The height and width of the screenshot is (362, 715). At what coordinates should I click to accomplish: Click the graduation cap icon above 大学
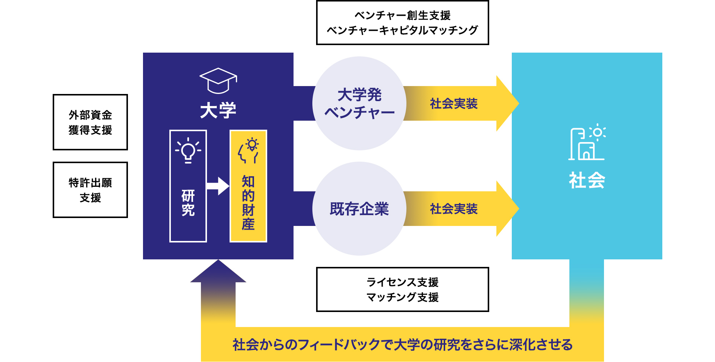tap(218, 80)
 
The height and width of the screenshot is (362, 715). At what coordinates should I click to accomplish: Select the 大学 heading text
tap(218, 111)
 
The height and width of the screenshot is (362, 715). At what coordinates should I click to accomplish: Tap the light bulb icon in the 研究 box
tap(188, 150)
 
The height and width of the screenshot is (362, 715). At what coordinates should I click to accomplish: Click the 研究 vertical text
tap(188, 203)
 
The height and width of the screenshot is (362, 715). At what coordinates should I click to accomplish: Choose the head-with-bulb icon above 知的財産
tap(248, 151)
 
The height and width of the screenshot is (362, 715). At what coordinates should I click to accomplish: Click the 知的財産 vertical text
tap(248, 203)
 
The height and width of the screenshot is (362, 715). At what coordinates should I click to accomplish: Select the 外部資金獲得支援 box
tap(90, 122)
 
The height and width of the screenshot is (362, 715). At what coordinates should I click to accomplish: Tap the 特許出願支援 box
tap(90, 190)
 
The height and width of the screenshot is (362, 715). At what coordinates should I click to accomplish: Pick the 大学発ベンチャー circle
tap(359, 103)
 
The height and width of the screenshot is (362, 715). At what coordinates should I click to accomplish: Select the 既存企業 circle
tap(359, 209)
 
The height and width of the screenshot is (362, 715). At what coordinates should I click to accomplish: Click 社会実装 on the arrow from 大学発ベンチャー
tap(454, 103)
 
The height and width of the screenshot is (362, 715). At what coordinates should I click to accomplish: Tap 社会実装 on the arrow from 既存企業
tap(454, 209)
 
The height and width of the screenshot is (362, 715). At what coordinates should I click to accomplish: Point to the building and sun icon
tap(587, 142)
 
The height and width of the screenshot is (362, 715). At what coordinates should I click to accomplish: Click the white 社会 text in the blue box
tap(587, 180)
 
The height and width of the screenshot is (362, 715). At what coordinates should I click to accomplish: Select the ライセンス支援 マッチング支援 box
tap(402, 289)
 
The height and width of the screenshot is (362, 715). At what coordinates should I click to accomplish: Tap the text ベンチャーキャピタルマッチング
tap(402, 30)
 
